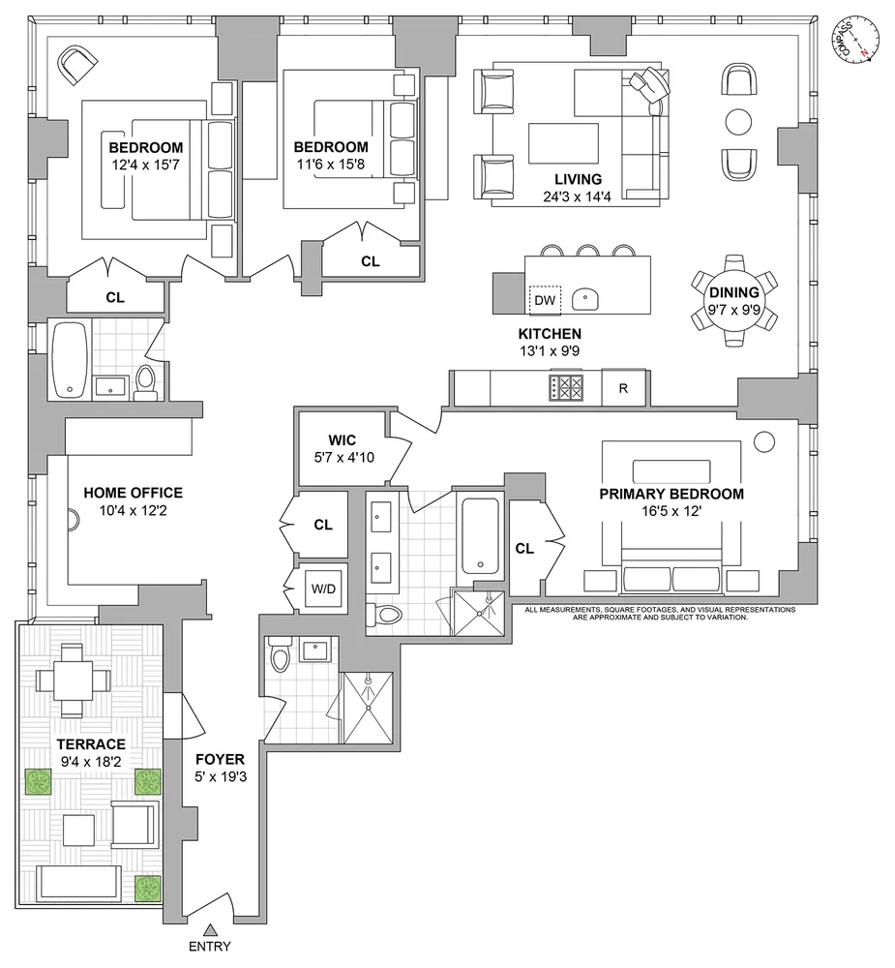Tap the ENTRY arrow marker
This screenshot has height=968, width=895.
[211, 929]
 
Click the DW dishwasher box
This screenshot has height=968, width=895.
[545, 300]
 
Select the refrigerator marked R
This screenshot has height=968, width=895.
[623, 388]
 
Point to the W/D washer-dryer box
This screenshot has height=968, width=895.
[323, 589]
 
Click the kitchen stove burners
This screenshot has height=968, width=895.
[566, 388]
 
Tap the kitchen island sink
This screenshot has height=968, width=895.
[584, 300]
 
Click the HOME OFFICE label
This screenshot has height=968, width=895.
[134, 493]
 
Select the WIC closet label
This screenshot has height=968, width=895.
[342, 440]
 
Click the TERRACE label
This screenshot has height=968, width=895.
[91, 743]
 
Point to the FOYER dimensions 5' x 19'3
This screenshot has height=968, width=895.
[221, 776]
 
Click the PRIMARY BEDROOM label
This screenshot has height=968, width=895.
[671, 494]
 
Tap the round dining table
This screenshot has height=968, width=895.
[734, 302]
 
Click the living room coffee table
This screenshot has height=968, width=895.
[563, 143]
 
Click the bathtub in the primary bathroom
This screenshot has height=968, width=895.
[480, 536]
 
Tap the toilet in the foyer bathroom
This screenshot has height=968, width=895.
[280, 655]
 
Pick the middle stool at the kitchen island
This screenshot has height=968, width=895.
[587, 250]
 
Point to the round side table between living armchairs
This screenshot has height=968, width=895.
[739, 122]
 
